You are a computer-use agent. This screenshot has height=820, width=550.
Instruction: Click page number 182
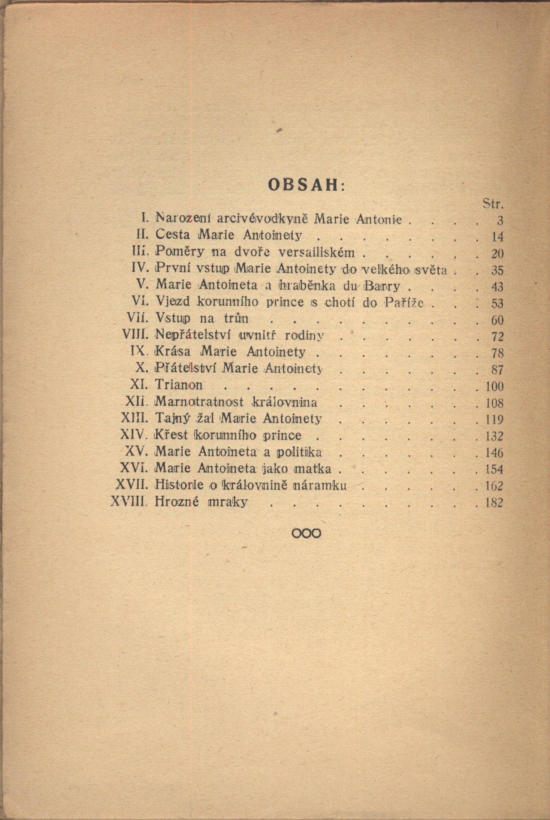tap(494, 503)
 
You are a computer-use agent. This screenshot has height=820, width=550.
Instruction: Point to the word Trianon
tap(179, 385)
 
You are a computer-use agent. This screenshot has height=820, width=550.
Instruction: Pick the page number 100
tap(494, 387)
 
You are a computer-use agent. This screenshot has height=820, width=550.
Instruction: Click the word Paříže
tap(404, 302)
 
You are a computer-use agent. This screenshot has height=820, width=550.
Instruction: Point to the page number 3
tap(499, 221)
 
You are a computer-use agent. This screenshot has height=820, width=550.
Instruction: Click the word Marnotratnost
tap(199, 402)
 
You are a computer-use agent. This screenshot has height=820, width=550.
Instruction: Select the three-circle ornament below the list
tap(306, 533)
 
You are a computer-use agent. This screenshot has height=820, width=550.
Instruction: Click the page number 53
tap(497, 303)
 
